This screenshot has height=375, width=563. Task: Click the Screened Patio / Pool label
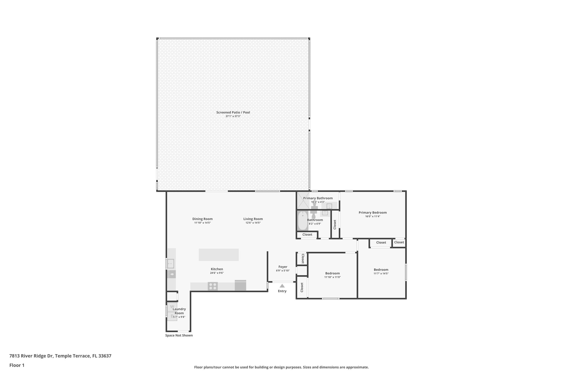tap(233, 112)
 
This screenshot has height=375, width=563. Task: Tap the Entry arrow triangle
tap(282, 286)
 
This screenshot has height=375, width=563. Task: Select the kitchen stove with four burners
tap(212, 286)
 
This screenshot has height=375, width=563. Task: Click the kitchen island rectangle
tap(219, 255)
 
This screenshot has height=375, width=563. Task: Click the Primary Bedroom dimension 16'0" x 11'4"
tap(372, 216)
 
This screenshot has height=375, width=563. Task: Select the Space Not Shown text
tap(179, 335)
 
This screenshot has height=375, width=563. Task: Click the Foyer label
tap(283, 267)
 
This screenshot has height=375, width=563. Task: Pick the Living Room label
tap(253, 219)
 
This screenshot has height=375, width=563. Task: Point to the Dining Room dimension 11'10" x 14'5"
tap(202, 223)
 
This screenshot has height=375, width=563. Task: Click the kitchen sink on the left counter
tap(171, 263)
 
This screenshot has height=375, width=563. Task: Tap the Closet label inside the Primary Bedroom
tap(335, 224)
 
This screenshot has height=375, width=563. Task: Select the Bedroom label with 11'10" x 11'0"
tap(332, 273)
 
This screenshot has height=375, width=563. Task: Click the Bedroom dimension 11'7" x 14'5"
tap(381, 274)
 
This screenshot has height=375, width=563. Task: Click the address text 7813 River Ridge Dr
tap(60, 356)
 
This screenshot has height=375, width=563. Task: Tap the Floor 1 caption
tap(17, 365)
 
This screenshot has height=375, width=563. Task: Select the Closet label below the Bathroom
tap(307, 235)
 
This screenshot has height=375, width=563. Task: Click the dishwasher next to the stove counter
tap(240, 285)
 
